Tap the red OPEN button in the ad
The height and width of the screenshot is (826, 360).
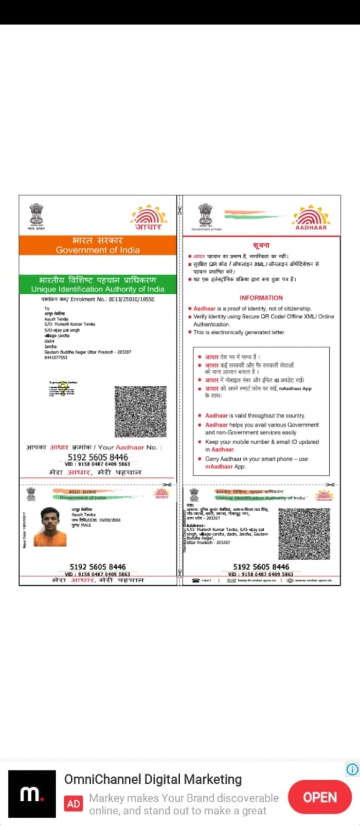(320, 797)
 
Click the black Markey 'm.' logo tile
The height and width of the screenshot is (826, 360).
(32, 794)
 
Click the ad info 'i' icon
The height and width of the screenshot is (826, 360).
(352, 769)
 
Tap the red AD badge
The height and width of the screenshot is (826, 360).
(74, 803)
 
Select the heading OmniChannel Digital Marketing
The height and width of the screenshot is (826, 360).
(153, 779)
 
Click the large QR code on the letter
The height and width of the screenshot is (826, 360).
(140, 411)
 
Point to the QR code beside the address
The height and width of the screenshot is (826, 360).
(304, 534)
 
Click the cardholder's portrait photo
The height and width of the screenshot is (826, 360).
(50, 527)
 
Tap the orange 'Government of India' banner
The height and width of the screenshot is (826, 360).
(98, 245)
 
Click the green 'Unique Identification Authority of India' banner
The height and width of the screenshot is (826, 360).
(98, 284)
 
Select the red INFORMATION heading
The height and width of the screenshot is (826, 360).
(261, 297)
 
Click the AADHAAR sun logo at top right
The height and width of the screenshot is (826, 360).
(311, 217)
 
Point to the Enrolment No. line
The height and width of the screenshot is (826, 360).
(98, 299)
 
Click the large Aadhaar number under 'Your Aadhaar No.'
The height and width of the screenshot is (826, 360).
(98, 457)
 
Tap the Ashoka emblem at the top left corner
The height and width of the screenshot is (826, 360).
(36, 215)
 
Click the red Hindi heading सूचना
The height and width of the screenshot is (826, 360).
(261, 245)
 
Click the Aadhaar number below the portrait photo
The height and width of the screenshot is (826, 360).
(98, 567)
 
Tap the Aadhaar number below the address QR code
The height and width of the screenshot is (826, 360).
(261, 567)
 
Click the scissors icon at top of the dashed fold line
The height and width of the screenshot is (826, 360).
(179, 210)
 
